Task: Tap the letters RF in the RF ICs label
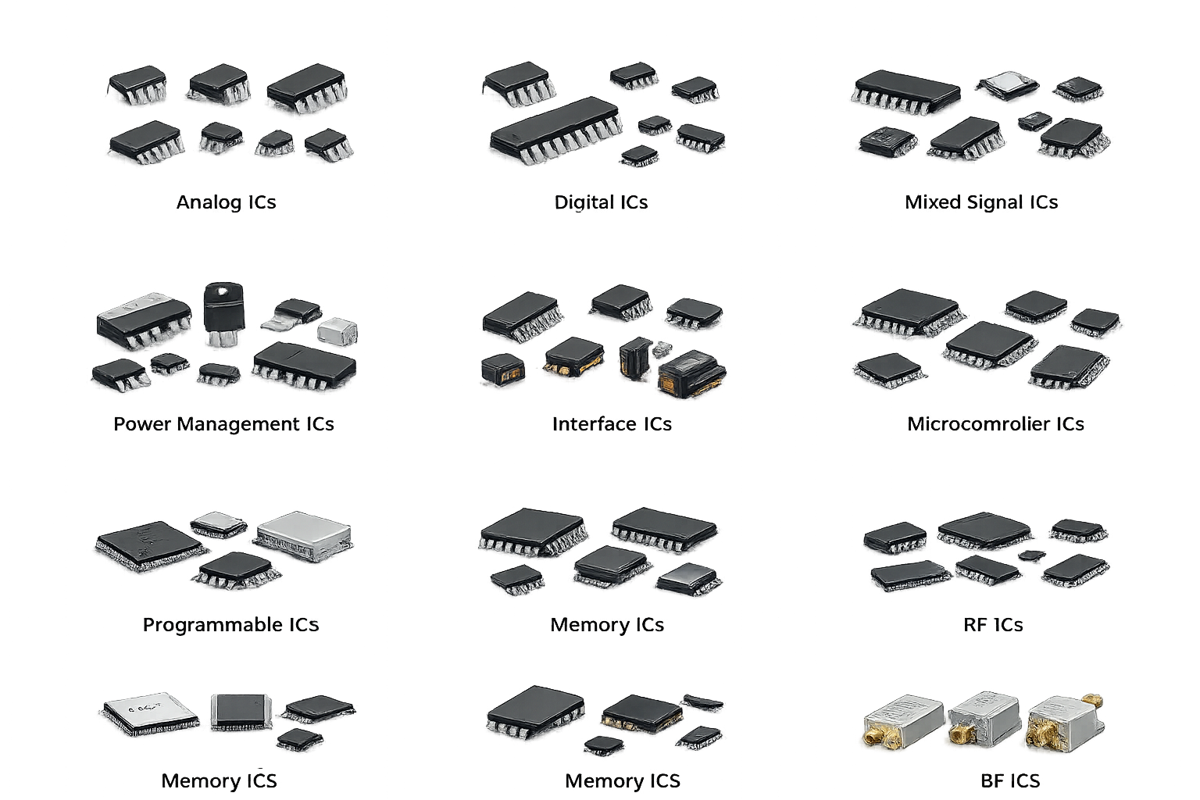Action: (976, 625)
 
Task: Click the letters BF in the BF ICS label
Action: (992, 781)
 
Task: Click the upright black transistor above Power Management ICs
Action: (224, 313)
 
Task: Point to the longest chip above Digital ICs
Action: (556, 130)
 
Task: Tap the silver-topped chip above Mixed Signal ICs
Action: (1007, 86)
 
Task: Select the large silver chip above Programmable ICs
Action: (304, 535)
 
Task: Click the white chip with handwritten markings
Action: (149, 714)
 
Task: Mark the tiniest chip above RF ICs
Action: (1031, 555)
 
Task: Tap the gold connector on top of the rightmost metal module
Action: (1091, 700)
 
